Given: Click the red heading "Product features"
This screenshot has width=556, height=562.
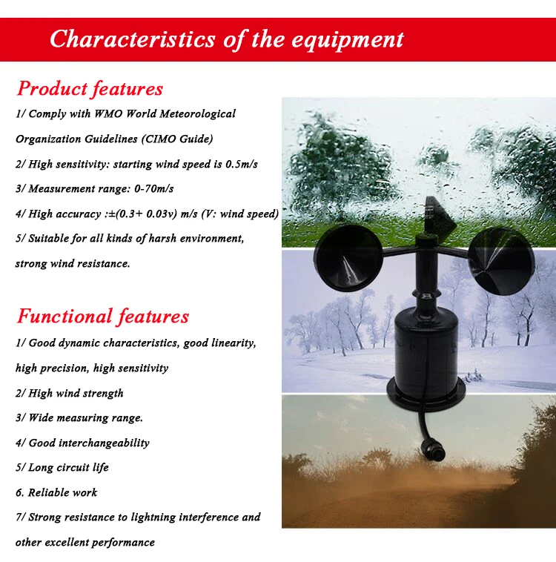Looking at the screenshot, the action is coord(90,88).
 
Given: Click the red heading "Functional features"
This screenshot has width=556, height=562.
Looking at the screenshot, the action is coord(102,316).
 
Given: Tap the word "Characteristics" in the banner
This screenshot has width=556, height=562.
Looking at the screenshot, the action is coord(133,39).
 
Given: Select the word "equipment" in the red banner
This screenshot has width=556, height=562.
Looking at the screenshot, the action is coord(348,40).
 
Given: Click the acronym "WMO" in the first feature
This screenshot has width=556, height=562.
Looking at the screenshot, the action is coord(109,113).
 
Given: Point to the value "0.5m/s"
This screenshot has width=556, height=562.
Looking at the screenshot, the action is coord(241,164).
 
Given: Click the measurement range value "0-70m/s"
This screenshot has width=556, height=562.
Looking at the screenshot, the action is coord(153,188).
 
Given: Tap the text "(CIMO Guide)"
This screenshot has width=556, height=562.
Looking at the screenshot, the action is coord(177,139).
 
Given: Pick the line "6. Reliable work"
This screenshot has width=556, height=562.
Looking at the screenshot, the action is coord(56,492).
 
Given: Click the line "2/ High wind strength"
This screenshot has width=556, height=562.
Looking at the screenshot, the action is coord(70,393).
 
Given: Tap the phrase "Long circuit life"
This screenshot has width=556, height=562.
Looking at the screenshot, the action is coord(68,467).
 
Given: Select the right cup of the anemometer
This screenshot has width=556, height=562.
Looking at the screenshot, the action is coord(501,261).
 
